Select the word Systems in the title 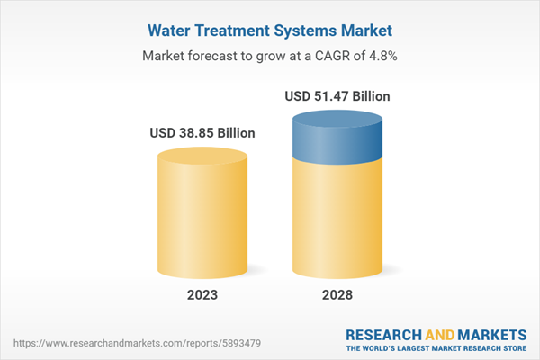tap(308, 31)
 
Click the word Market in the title tap(367, 31)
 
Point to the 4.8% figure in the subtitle tap(381, 55)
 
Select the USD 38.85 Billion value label tap(202, 133)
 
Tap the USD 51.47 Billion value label tap(338, 96)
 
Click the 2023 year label tap(202, 295)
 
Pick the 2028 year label tap(338, 295)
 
